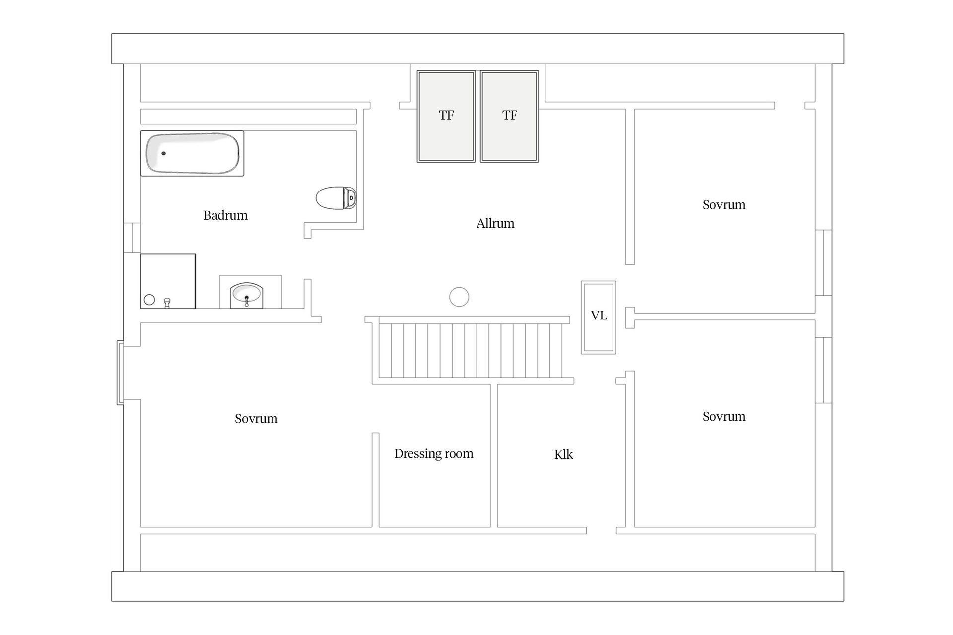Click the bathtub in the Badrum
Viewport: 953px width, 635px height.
tap(192, 153)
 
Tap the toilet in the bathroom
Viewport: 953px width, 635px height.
tap(337, 198)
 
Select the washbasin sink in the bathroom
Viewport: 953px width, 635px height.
tap(247, 296)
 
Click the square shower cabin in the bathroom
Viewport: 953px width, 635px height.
tap(168, 281)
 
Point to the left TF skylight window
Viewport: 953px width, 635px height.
tap(446, 116)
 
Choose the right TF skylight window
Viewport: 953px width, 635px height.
tap(509, 116)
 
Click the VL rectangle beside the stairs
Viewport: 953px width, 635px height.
tap(599, 317)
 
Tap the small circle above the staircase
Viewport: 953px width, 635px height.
tap(459, 297)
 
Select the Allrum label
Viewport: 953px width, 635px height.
tap(495, 223)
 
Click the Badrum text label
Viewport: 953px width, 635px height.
tap(225, 215)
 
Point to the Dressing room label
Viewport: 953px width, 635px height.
tap(434, 454)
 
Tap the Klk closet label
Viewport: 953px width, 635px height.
tap(563, 454)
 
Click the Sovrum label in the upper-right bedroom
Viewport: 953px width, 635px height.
tap(724, 205)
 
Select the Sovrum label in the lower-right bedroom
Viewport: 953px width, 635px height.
tap(724, 417)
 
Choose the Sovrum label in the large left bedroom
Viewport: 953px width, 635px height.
tap(256, 419)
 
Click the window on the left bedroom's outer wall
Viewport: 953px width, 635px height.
tap(120, 373)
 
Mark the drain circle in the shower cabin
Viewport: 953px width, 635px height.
tap(149, 300)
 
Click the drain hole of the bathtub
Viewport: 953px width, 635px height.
tap(163, 153)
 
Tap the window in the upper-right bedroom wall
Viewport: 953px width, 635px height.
tap(823, 263)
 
